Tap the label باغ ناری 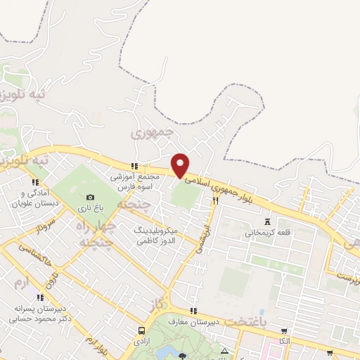pyautogui.click(x=90, y=208)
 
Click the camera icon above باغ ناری pyautogui.click(x=90, y=198)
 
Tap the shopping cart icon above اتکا pyautogui.click(x=284, y=330)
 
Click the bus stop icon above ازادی pyautogui.click(x=143, y=330)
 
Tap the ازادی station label pyautogui.click(x=143, y=341)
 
